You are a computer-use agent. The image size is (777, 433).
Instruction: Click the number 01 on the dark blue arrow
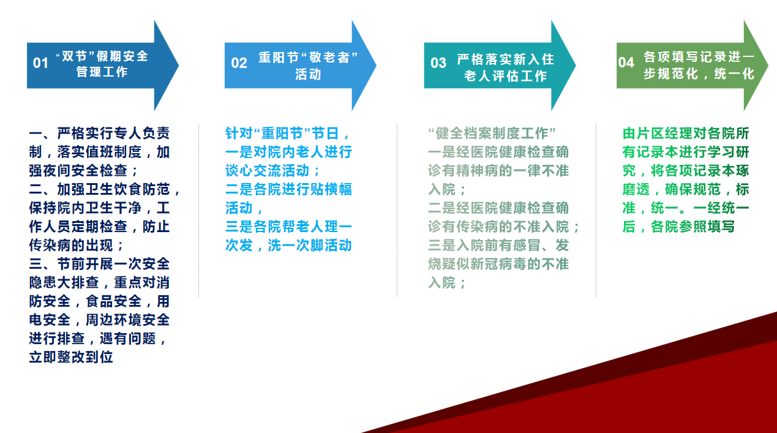click(x=40, y=63)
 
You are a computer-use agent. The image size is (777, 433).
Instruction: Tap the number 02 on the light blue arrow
click(x=239, y=63)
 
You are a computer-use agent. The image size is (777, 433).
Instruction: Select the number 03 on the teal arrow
click(x=438, y=63)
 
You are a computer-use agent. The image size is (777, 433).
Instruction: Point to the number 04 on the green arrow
click(x=626, y=63)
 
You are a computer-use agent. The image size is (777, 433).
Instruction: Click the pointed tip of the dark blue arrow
click(x=179, y=66)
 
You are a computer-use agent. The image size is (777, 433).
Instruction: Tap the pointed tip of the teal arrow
click(x=576, y=66)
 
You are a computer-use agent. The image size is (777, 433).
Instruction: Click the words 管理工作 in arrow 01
click(x=102, y=72)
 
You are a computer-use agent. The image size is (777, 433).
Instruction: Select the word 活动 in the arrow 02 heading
click(x=308, y=74)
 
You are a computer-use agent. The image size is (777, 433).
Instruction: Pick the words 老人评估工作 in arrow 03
click(x=505, y=76)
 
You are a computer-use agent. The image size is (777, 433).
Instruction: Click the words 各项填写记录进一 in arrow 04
click(x=699, y=57)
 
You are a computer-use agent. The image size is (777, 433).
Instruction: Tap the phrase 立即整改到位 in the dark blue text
click(x=71, y=357)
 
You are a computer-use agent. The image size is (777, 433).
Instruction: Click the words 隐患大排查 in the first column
click(x=64, y=282)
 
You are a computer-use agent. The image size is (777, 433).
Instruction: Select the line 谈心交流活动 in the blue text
click(x=267, y=171)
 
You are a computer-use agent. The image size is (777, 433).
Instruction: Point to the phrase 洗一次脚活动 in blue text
click(x=310, y=246)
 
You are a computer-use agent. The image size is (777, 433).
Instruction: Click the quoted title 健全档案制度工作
click(x=492, y=134)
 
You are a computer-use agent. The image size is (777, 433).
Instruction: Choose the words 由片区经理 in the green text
click(x=658, y=134)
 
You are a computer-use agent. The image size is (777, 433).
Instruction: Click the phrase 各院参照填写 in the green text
click(x=693, y=227)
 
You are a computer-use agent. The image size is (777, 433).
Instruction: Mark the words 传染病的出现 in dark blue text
click(x=71, y=246)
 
